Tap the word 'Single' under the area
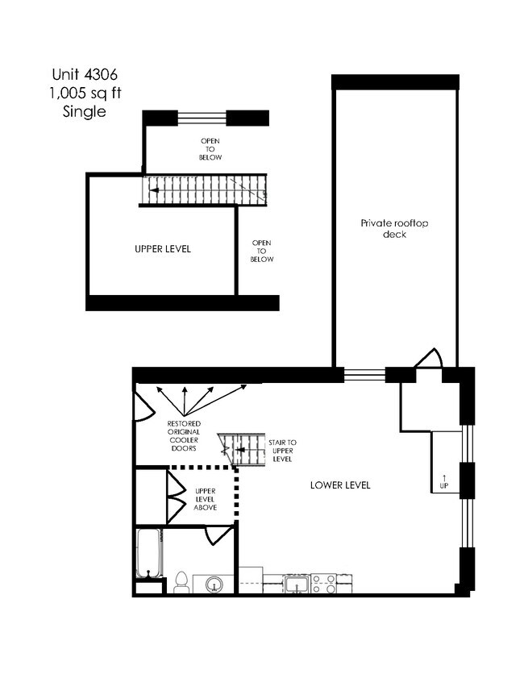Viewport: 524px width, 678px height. click(85, 112)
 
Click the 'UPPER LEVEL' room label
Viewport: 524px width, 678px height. click(162, 249)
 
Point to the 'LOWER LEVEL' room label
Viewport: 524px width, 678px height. click(340, 485)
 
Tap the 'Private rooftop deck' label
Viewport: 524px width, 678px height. click(394, 228)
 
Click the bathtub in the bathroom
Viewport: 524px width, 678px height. click(149, 553)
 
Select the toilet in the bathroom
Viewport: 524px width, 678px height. click(181, 582)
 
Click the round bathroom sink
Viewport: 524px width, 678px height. click(214, 584)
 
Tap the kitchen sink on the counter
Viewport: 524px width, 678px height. click(296, 584)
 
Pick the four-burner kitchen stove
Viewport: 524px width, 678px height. click(324, 584)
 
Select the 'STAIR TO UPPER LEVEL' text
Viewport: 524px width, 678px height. click(282, 451)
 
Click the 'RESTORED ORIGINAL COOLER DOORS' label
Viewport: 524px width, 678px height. click(184, 435)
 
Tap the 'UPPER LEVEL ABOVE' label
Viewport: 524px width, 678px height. click(206, 498)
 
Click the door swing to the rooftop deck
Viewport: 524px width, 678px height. click(428, 359)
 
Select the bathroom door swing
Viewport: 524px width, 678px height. click(218, 534)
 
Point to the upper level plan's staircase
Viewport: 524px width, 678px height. click(204, 190)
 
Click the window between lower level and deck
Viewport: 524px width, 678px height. click(364, 374)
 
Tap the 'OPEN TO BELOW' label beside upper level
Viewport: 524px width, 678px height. click(262, 252)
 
